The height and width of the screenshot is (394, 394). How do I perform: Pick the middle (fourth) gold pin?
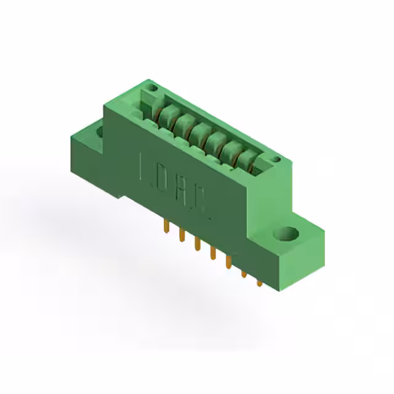point(212,252)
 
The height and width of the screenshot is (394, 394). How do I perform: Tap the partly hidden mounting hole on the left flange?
point(99,131)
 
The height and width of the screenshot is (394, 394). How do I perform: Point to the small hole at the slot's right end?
point(275,161)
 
